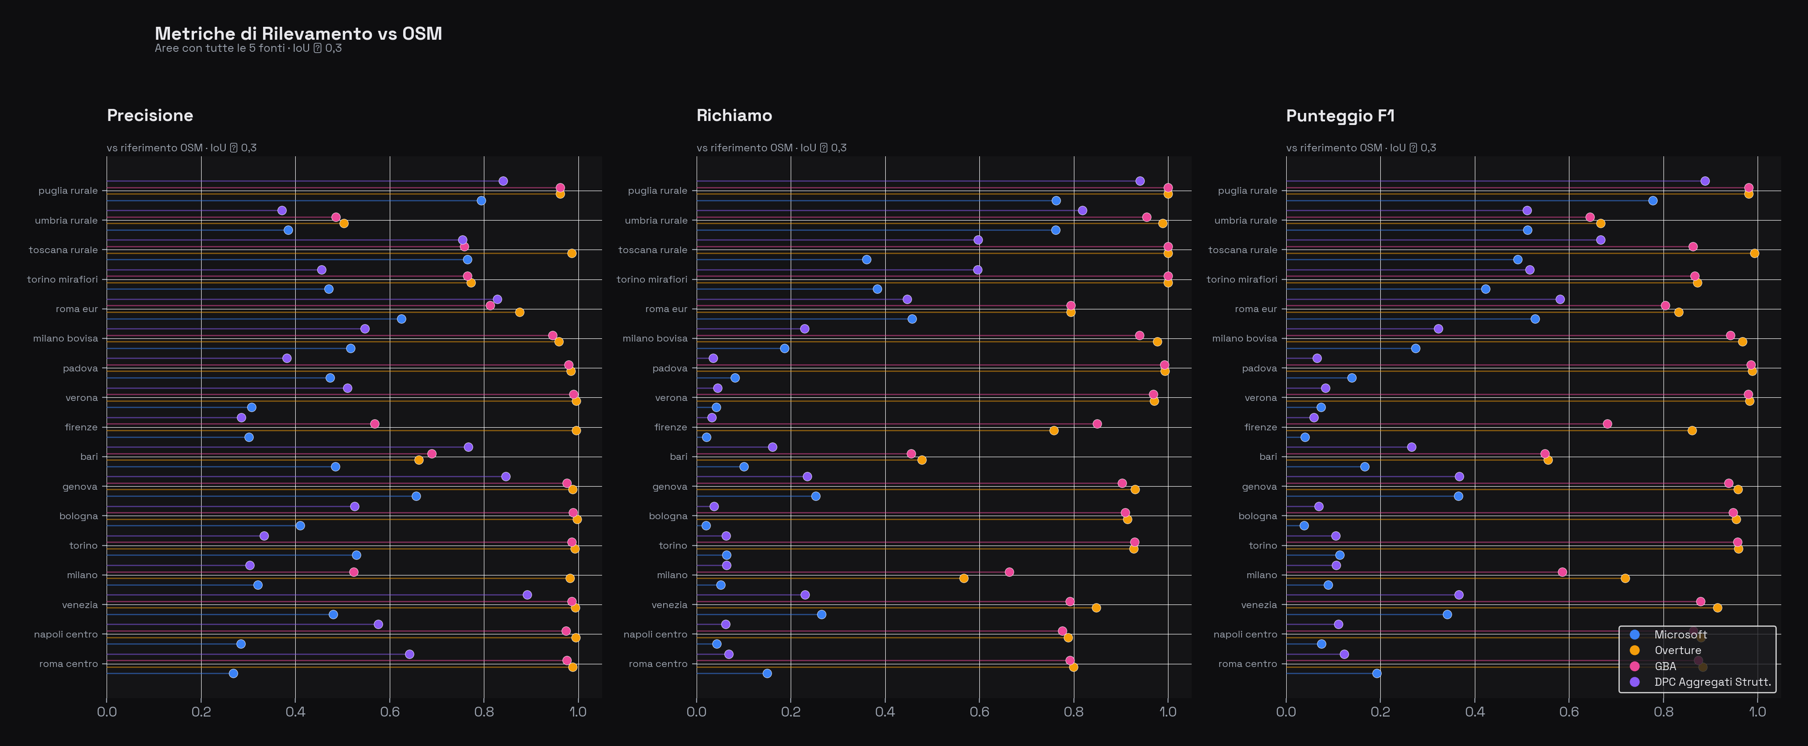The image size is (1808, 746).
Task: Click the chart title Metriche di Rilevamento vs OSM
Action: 298,34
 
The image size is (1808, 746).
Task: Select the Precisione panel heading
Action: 149,115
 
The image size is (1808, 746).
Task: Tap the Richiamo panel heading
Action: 734,115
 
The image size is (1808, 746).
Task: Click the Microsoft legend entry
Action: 1680,634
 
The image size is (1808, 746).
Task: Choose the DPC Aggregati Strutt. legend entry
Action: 1712,682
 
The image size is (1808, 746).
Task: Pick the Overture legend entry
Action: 1677,650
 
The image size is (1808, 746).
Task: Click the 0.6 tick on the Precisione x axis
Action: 389,712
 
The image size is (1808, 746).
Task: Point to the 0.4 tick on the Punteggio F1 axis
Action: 1474,712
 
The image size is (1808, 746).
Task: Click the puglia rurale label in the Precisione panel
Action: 68,190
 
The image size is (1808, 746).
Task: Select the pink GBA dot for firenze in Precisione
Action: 374,424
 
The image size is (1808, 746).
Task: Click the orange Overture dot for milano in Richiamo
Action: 964,578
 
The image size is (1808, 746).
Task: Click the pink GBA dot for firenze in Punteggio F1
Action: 1607,424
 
